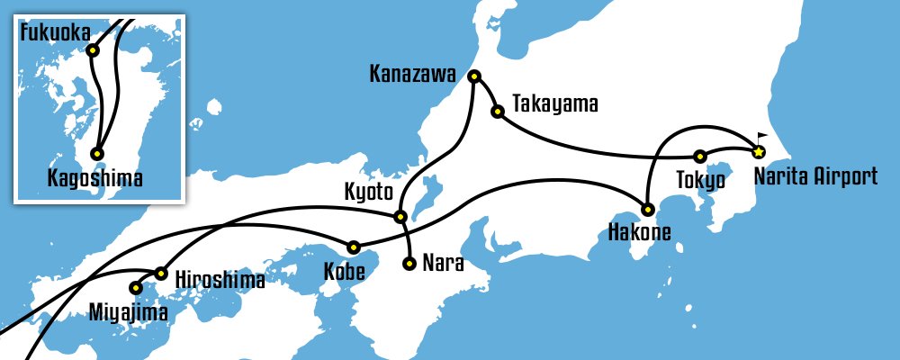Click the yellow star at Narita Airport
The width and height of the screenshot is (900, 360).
coord(759,151)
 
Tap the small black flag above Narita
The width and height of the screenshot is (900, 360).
coord(775,137)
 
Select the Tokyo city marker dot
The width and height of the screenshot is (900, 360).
coord(700,156)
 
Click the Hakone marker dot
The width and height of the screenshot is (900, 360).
coord(647,210)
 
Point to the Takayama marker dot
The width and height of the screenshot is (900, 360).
coord(497,112)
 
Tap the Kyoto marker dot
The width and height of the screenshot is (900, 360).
coord(400,216)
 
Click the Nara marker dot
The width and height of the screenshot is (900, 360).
coord(409,265)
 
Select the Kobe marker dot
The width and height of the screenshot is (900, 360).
coord(354,247)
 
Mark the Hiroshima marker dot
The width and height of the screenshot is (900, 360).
coord(161,273)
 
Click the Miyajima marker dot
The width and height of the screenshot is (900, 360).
coord(136,289)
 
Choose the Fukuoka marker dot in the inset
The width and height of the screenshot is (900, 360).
coord(92,50)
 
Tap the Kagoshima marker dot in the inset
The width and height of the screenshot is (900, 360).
coord(96,154)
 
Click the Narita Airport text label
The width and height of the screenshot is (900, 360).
coord(814,175)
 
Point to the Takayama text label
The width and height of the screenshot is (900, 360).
coord(554,104)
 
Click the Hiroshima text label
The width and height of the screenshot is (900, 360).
coord(220,280)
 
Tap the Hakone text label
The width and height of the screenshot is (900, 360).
coord(638,236)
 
